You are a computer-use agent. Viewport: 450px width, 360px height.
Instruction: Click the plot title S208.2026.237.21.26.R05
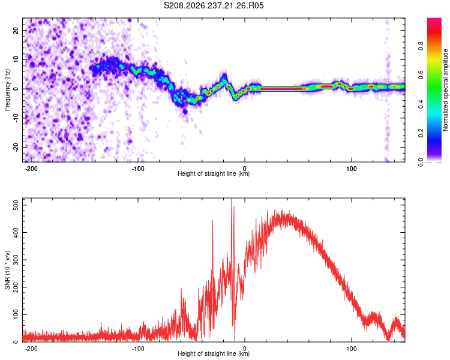[x=214, y=5]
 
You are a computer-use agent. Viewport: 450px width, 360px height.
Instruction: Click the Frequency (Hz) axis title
[x=7, y=89]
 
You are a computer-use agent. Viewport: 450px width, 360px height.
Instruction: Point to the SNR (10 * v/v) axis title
[x=7, y=270]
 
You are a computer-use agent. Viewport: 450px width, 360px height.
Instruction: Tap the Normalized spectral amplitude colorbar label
[x=445, y=90]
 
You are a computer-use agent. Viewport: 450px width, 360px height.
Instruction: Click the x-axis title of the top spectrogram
[x=214, y=173]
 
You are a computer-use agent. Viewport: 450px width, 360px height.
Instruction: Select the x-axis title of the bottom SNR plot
[x=214, y=353]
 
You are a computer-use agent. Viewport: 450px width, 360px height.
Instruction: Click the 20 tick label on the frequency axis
[x=16, y=30]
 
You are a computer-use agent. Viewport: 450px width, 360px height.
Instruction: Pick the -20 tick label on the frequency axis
[x=16, y=147]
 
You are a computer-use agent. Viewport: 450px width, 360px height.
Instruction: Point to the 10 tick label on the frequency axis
[x=16, y=59]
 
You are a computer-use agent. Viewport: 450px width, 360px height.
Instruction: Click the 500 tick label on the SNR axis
[x=16, y=205]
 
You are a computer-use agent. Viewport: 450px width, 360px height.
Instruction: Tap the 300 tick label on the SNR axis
[x=16, y=260]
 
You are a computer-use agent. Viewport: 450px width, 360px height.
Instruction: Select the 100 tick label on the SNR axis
[x=16, y=314]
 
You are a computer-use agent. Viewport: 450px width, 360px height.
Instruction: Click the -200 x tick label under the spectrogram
[x=31, y=169]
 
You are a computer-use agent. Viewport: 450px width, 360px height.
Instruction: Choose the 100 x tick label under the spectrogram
[x=351, y=169]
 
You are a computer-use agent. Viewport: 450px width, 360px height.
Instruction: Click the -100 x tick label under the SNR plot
[x=138, y=349]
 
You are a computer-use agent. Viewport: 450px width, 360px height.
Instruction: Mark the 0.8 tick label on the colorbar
[x=421, y=46]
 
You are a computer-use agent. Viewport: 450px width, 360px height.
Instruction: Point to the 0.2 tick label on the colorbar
[x=421, y=133]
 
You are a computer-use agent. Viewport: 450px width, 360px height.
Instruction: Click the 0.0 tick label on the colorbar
[x=421, y=162]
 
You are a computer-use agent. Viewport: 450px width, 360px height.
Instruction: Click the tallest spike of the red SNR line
[x=232, y=199]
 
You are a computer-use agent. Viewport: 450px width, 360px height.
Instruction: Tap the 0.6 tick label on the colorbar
[x=421, y=75]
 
